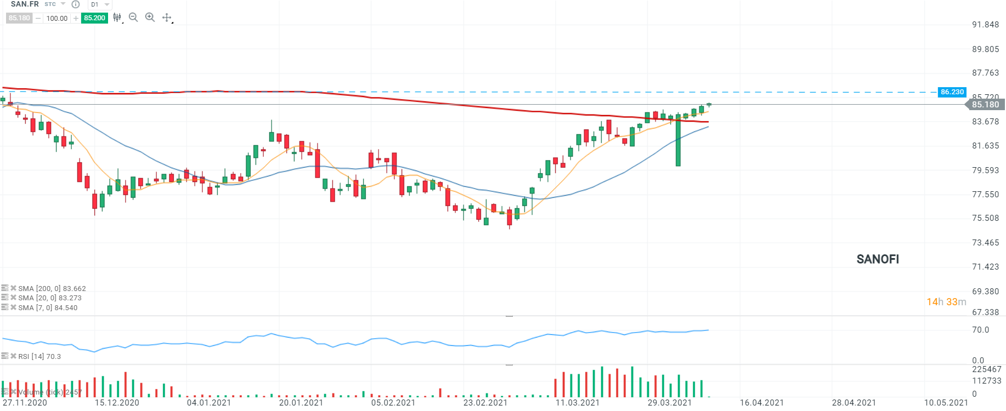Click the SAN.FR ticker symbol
(x=25, y=4)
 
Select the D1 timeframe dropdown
(x=99, y=4)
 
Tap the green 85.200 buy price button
(x=94, y=18)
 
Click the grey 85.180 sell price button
(x=19, y=18)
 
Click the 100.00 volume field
(x=56, y=18)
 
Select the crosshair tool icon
(x=167, y=18)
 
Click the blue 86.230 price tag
(x=952, y=92)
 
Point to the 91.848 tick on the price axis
(x=985, y=25)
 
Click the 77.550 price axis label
(x=985, y=195)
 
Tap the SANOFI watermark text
(x=878, y=259)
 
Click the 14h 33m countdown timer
(x=946, y=302)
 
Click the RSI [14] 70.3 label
(x=39, y=357)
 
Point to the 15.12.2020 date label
(x=117, y=403)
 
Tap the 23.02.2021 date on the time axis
(x=485, y=403)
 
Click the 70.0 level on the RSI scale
(x=980, y=330)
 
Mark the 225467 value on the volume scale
(x=986, y=369)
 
